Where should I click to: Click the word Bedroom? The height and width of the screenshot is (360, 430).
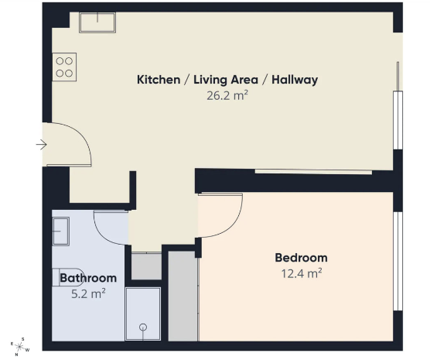301,258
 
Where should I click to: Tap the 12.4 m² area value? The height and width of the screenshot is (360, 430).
302,273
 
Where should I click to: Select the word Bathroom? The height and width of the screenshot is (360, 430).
88,278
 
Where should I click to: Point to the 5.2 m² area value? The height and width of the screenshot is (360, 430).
88,293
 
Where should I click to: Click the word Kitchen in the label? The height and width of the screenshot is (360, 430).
159,80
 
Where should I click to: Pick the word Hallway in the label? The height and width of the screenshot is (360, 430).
295,80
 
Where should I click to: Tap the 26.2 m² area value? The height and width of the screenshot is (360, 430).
227,95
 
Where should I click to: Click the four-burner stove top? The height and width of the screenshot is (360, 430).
64,67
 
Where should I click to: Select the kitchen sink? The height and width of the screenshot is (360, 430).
97,22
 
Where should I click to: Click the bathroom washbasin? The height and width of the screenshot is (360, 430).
60,231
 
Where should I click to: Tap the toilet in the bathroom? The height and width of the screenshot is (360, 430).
68,277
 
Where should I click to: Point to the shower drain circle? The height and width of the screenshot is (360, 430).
143,327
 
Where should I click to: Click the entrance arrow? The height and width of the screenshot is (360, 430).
42,145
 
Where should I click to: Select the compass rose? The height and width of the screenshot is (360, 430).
20,347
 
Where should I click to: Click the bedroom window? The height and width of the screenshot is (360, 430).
398,261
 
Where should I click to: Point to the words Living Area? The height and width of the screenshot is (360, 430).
226,80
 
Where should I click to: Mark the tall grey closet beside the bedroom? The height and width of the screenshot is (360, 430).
183,296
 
